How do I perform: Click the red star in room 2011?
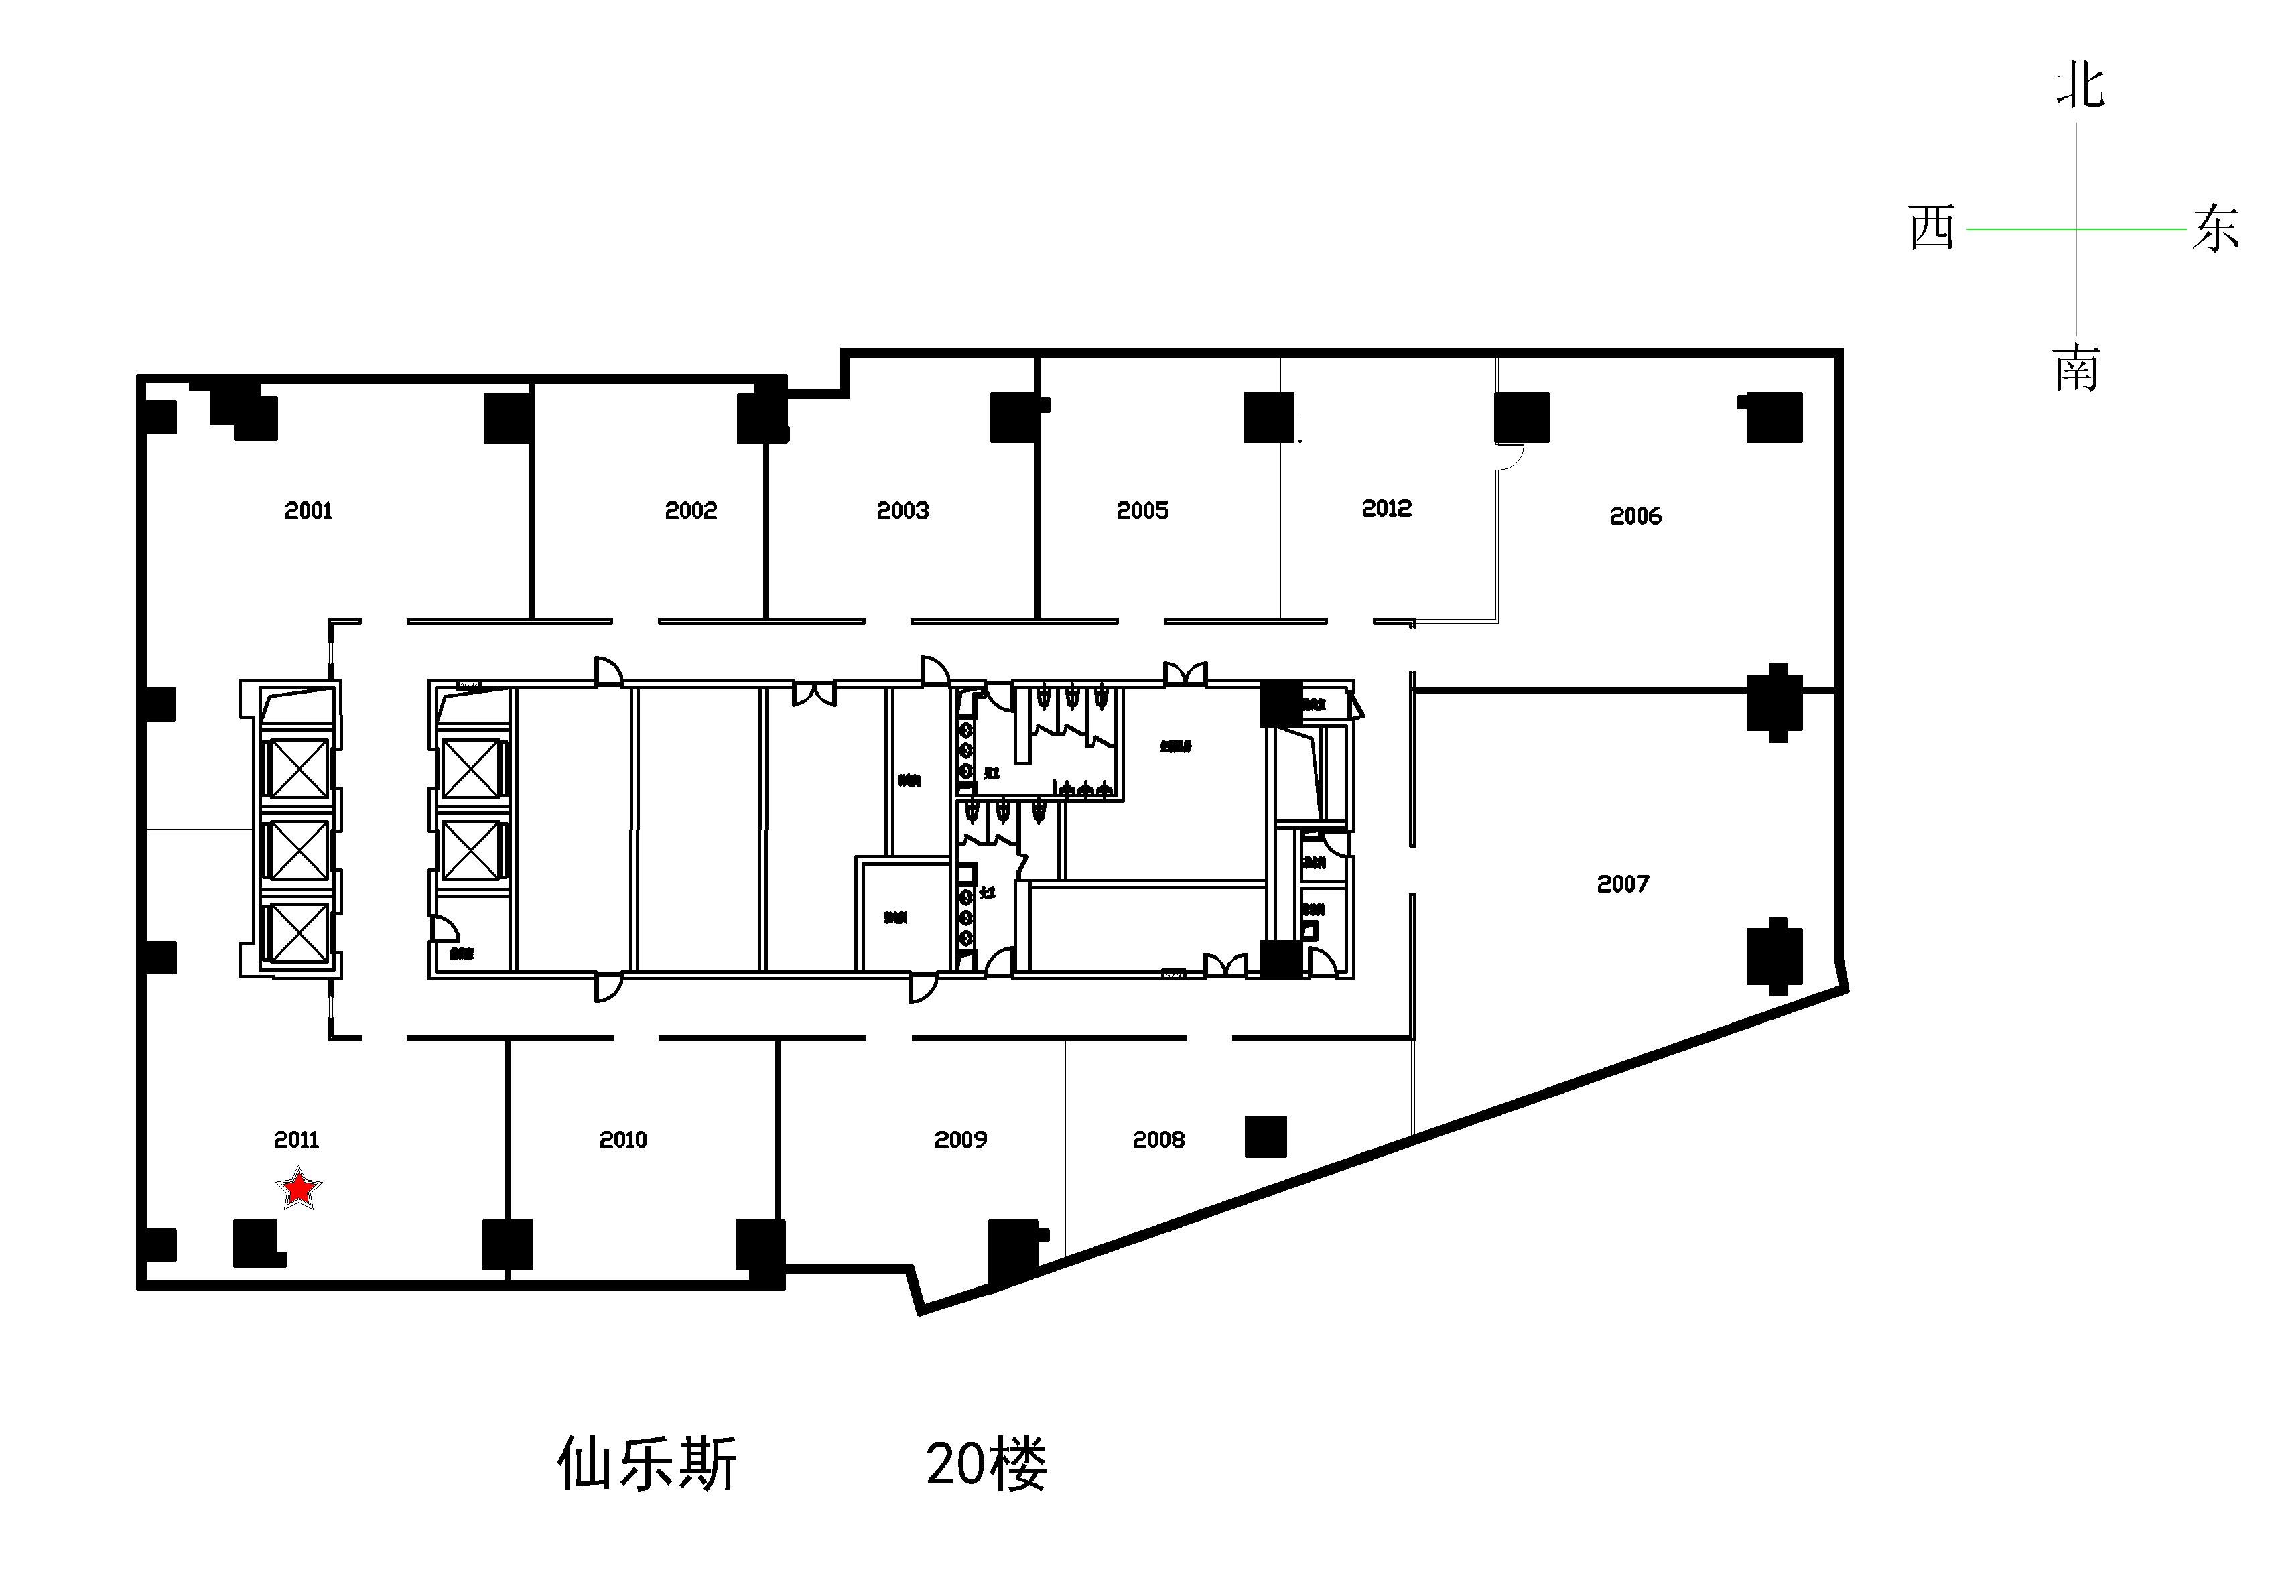pos(299,1187)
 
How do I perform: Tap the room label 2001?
pos(308,511)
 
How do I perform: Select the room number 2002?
pos(691,511)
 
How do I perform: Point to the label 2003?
pos(903,511)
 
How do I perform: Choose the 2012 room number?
pos(1386,509)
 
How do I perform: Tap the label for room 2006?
pos(1635,515)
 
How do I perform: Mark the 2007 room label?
pos(1623,884)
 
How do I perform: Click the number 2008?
pos(1158,1140)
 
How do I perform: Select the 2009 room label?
pos(961,1140)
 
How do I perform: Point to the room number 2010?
pos(623,1140)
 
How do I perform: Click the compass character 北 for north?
pos(2079,86)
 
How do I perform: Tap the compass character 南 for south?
pos(2076,369)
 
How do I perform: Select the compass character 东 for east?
pos(2214,228)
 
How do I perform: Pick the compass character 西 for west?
pos(1932,228)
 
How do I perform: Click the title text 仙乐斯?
pos(647,1464)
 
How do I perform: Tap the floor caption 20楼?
pos(986,1464)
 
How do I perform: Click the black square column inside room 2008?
pos(1266,1136)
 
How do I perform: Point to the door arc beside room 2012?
pos(1510,456)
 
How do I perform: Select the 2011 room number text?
pos(297,1140)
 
